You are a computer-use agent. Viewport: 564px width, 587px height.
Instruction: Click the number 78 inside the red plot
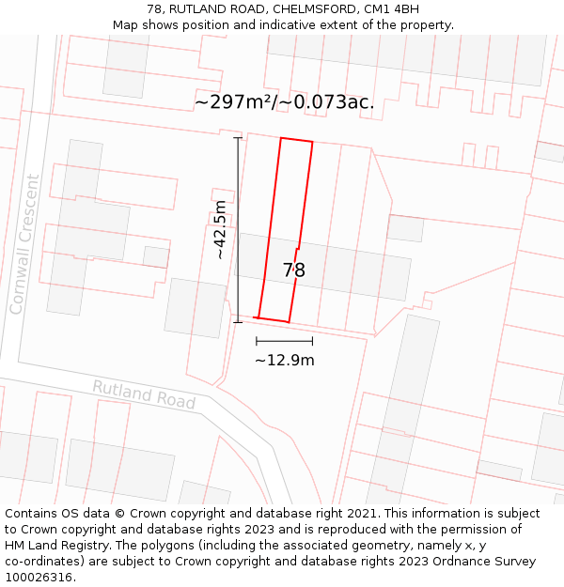(x=294, y=270)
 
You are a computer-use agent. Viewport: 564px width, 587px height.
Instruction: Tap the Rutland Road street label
(x=144, y=394)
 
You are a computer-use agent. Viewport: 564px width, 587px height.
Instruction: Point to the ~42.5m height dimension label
(x=220, y=230)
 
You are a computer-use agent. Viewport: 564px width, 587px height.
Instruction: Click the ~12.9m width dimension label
(x=284, y=360)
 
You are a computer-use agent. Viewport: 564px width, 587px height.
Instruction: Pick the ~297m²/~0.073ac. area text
(x=284, y=101)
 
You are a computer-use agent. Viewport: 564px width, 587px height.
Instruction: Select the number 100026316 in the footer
(x=39, y=578)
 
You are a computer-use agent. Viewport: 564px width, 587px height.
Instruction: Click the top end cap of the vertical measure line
(x=238, y=138)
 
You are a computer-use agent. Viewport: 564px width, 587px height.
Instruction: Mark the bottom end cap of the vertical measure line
(x=238, y=322)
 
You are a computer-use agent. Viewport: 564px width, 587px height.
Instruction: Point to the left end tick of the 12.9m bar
(x=256, y=341)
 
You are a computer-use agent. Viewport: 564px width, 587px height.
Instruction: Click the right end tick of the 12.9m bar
(x=312, y=341)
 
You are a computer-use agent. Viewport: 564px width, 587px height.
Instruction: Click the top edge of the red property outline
(x=296, y=141)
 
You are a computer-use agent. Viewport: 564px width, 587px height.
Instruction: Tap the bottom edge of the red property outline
(x=273, y=319)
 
